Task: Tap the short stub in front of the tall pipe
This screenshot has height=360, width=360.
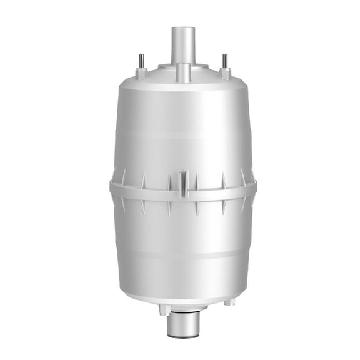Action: coord(182,72)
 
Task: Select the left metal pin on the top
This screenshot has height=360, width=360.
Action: coord(141,61)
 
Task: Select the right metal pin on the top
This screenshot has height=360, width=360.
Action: coord(224,61)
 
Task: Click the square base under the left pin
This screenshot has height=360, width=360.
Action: coord(141,72)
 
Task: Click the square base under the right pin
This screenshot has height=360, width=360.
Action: coord(224,72)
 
